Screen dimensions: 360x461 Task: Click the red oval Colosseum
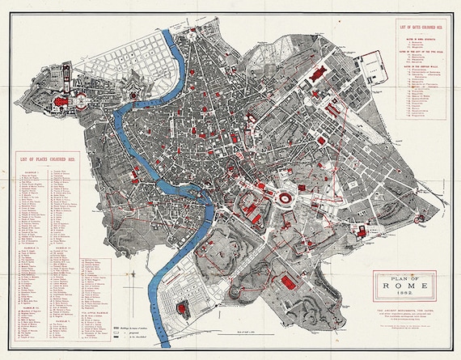[287, 198]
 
